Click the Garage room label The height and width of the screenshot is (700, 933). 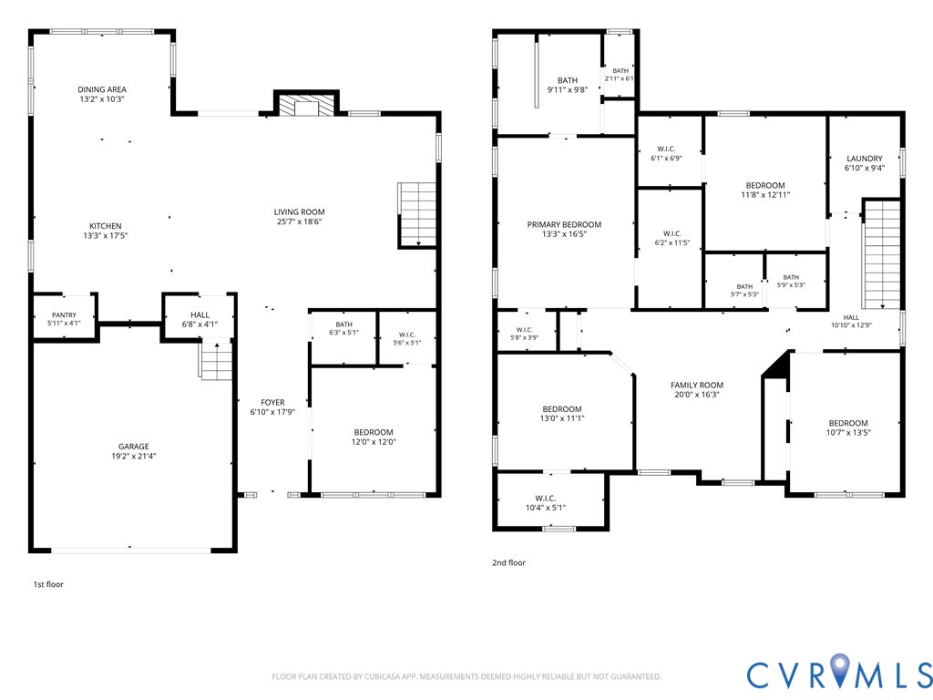pos(133,447)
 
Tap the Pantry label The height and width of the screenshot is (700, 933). pos(64,314)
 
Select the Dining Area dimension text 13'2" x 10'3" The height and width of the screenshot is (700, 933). pos(102,98)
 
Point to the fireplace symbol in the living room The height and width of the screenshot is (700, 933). pos(306,104)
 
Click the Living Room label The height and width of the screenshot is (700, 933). pos(299,211)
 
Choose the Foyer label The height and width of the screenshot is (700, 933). pos(272,402)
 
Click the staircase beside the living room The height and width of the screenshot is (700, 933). pos(418,214)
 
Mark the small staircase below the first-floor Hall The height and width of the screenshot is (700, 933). pos(215,359)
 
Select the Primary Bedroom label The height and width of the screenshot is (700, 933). pos(564,224)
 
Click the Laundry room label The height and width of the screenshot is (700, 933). pos(865,159)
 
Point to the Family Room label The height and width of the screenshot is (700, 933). pos(697,386)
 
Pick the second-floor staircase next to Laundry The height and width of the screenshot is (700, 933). pos(882,254)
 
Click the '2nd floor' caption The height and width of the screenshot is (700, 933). pos(508,562)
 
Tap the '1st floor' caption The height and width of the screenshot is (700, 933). pos(48,584)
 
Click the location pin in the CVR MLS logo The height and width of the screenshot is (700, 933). pos(840,668)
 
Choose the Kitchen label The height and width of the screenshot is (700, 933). pos(106,226)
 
